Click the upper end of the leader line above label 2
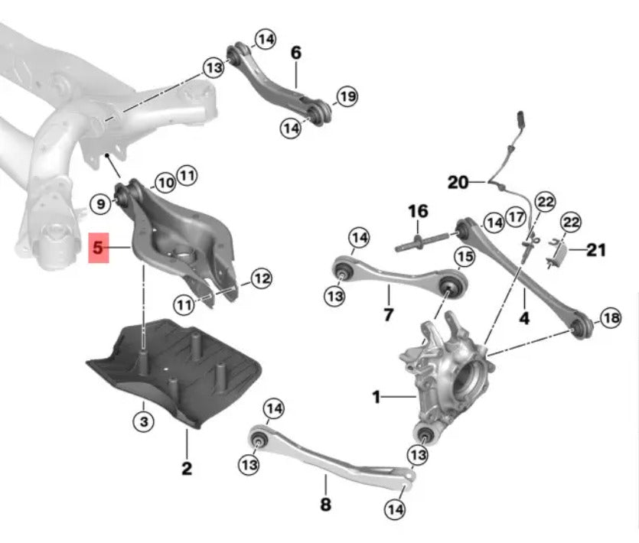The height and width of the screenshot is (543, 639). [x=187, y=429]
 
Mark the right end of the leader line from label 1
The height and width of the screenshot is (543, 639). [x=416, y=396]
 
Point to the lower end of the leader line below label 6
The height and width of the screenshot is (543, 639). [x=296, y=88]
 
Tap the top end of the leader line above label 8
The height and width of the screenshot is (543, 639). [x=325, y=475]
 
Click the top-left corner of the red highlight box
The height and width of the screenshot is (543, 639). [x=89, y=233]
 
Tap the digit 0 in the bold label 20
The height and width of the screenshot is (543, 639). [x=462, y=182]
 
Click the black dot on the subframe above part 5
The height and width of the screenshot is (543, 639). [x=107, y=154]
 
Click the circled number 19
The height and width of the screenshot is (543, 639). [x=347, y=96]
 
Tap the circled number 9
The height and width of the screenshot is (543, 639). [x=101, y=203]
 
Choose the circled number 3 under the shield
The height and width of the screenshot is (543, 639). [x=143, y=421]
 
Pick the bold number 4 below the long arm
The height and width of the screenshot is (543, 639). [x=524, y=318]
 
